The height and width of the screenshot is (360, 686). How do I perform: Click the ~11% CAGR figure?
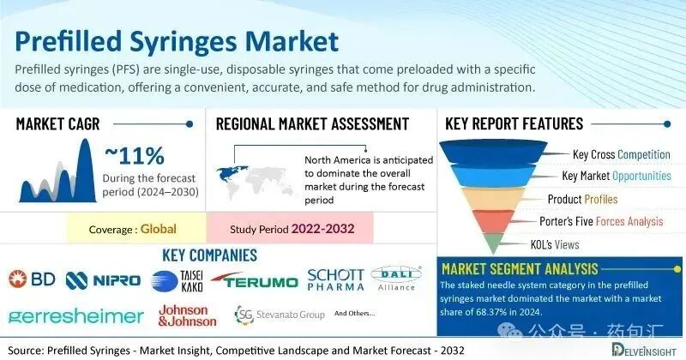coord(135,156)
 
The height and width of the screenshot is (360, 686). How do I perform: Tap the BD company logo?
coord(32,279)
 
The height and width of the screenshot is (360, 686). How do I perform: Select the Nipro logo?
coord(103,280)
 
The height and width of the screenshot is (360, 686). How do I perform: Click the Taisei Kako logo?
coord(178,281)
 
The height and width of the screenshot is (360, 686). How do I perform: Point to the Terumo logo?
coord(255,280)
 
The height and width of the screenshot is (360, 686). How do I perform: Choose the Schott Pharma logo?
coord(335,280)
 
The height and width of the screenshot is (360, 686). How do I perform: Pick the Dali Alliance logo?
coord(396,279)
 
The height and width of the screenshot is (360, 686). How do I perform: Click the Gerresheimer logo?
coord(75,315)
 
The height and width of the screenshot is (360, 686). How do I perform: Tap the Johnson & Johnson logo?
coord(187,315)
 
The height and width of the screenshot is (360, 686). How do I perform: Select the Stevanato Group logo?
coord(280,315)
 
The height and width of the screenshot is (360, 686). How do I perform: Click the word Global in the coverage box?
coord(159,229)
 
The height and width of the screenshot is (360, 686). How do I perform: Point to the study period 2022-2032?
coord(323,228)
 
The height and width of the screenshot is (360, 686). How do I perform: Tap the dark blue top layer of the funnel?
coord(493,152)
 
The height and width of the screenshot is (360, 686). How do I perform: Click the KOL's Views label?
coord(555,244)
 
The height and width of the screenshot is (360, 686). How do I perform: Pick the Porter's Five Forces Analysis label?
coord(601,221)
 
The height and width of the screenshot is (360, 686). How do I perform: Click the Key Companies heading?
coord(209,255)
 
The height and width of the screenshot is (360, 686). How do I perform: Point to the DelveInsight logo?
coord(644,350)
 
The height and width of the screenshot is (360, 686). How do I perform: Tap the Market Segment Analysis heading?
coord(520,268)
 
